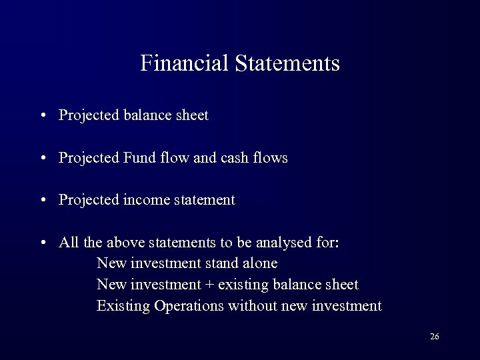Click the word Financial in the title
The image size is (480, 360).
(x=185, y=63)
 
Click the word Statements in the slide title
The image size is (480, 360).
(x=287, y=63)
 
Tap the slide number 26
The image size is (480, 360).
(x=434, y=337)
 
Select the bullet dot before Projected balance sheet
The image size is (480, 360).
(x=43, y=116)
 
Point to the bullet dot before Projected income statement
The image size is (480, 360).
(x=43, y=201)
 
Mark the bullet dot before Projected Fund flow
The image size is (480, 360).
(x=43, y=159)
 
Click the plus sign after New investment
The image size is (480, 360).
(x=210, y=285)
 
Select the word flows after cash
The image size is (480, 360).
(x=271, y=158)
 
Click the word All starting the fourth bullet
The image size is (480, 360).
(x=68, y=243)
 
